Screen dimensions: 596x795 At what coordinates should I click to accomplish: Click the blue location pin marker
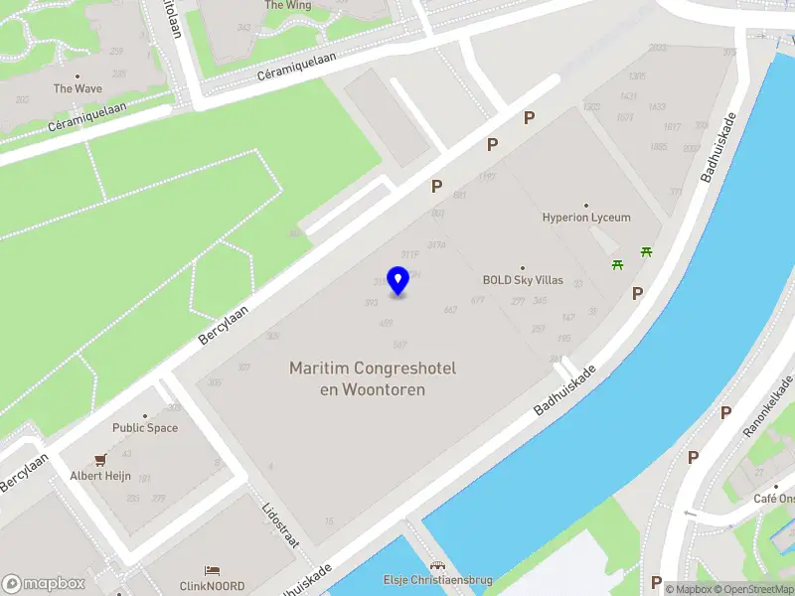(x=398, y=282)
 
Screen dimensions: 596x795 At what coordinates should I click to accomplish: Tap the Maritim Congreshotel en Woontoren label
(x=373, y=378)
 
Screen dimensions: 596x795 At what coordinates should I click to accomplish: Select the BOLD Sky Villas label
(x=523, y=280)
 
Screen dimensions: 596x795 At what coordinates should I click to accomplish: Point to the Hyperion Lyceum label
(x=586, y=218)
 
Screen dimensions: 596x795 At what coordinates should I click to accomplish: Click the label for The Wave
(x=78, y=88)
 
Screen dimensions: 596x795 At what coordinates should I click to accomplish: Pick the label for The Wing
(x=287, y=6)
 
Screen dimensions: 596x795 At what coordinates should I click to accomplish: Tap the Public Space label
(x=145, y=428)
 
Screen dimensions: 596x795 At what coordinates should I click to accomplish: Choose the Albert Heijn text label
(x=100, y=476)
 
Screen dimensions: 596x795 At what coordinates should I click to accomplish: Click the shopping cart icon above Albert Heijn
(x=100, y=460)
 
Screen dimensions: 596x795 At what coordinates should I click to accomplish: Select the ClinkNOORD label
(x=212, y=585)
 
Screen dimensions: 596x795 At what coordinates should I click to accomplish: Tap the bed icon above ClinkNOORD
(x=212, y=570)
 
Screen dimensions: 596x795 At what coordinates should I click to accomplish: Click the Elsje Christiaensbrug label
(x=438, y=580)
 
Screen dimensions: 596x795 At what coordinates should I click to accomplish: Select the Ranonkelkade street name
(x=768, y=407)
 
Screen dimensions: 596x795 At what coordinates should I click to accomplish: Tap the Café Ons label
(x=773, y=499)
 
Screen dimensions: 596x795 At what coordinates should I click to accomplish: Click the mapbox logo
(x=43, y=583)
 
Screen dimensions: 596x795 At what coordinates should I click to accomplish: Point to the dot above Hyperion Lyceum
(x=586, y=205)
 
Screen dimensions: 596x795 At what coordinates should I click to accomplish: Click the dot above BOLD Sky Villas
(x=523, y=267)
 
